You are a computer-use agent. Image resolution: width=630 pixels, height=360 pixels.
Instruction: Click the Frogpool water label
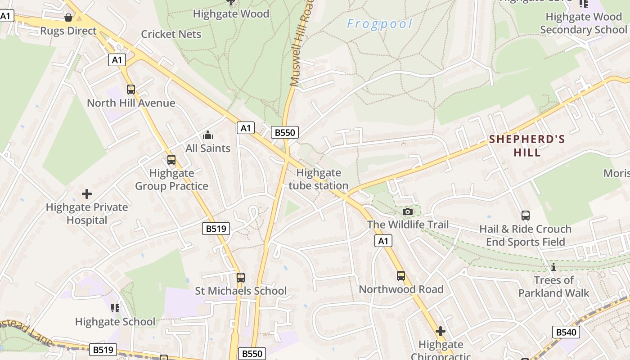pos(379,24)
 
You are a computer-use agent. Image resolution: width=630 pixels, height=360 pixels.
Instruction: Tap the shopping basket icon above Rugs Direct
pos(68,18)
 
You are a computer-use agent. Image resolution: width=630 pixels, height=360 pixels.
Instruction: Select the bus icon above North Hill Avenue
pos(131,90)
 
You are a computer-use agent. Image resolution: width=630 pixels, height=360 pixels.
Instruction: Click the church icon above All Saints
pos(208,135)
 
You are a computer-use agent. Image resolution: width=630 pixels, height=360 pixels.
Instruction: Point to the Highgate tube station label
pos(319,179)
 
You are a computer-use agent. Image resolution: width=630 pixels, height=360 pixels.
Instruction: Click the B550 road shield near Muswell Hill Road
pos(285,132)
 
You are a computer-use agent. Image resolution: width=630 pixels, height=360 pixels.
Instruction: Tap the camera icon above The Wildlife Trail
pos(408,211)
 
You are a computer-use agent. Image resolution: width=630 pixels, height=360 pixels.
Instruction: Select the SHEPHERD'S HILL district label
pos(527,145)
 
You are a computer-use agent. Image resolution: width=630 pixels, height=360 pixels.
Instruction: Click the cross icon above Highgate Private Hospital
pos(87,194)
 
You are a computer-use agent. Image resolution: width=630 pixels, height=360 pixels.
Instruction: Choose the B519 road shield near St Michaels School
pos(216,229)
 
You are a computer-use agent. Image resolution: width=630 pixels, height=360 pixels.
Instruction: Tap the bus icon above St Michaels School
pos(241,278)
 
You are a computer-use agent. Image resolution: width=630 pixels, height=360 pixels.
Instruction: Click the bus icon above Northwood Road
pos(401,276)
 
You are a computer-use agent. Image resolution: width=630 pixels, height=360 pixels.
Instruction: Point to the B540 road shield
pos(566,333)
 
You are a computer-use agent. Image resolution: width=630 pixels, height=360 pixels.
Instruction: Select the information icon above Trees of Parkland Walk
pos(553,267)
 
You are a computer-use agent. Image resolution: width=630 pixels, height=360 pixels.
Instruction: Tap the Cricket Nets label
pos(171,34)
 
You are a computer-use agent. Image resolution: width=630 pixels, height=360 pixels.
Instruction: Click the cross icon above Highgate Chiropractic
pos(441,332)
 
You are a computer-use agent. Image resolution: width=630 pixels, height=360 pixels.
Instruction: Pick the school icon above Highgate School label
pos(115,308)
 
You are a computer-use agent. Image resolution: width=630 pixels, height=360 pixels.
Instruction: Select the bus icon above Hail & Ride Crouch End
pos(526,216)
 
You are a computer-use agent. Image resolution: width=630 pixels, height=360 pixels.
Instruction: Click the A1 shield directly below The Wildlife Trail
pos(383,241)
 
